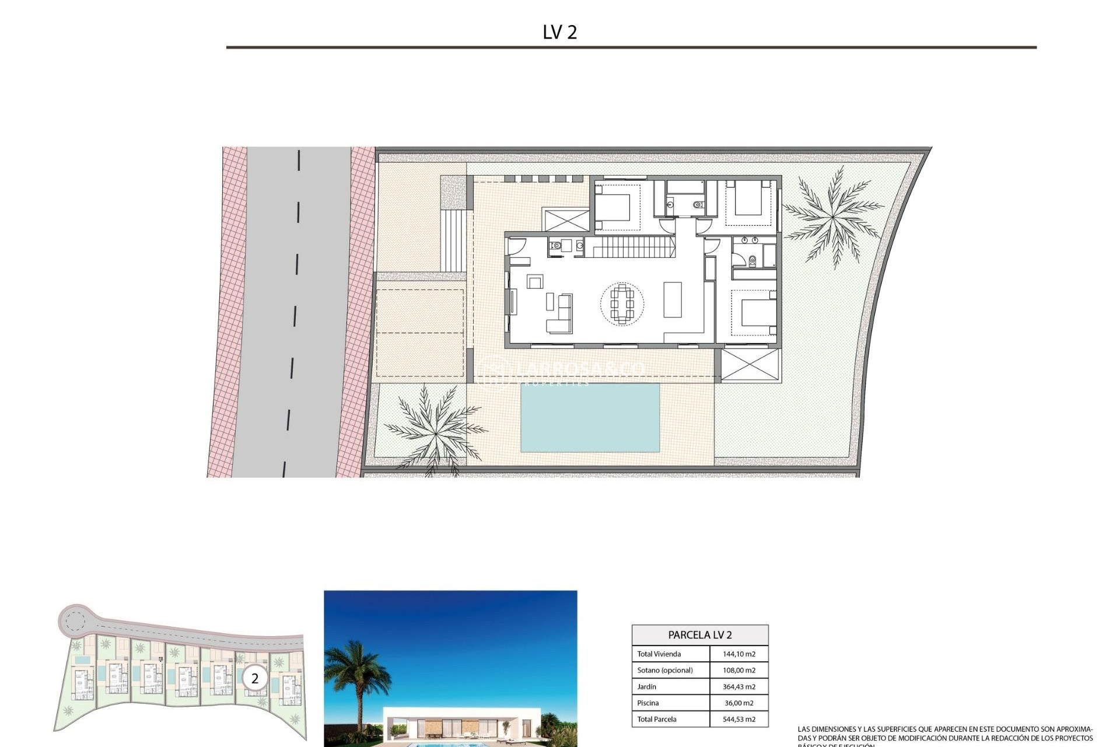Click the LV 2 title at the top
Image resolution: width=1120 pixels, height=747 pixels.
[559, 32]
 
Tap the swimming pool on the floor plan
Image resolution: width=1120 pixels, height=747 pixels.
[590, 417]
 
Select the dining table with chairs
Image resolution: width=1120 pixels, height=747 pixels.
[622, 303]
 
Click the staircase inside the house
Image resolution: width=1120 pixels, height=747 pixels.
[630, 247]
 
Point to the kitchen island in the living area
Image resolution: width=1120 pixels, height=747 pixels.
[673, 299]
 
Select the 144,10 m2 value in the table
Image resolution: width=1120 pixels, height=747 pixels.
[738, 654]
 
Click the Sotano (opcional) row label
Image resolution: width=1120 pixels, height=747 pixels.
[664, 671]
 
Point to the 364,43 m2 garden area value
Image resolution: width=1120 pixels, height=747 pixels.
[738, 687]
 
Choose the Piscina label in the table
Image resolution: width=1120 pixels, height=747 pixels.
[647, 703]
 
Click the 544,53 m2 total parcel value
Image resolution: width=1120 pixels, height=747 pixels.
[738, 720]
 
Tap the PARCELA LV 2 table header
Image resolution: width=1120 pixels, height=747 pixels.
[699, 635]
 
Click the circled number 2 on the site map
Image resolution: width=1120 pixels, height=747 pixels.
[254, 679]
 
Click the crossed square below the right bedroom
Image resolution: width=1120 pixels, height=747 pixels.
[750, 365]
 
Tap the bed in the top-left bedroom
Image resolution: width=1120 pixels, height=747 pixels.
[613, 207]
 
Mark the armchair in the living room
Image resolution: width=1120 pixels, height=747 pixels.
[535, 282]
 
